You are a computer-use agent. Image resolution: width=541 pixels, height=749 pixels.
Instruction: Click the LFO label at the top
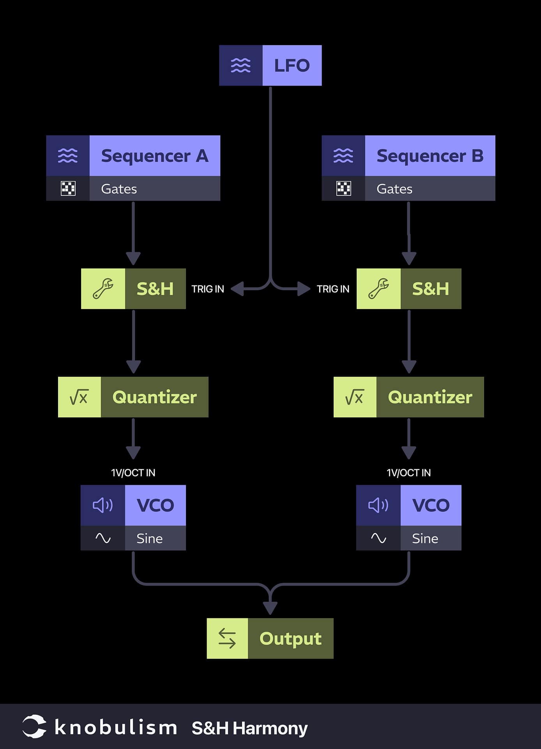pos(292,66)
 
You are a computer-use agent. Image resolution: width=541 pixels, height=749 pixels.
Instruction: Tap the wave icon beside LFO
pos(240,66)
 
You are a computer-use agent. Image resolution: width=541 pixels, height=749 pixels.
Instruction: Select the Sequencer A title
pos(155,156)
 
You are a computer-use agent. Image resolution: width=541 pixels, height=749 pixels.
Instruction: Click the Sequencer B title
pos(430,156)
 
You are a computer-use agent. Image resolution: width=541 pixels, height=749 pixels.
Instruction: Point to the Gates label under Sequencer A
pos(119,189)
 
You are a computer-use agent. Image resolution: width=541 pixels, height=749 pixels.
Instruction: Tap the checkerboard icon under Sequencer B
pos(343,188)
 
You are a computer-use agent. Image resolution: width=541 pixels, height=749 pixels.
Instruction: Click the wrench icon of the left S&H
pos(103,289)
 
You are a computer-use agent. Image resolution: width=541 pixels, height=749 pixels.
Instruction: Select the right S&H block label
pos(430,289)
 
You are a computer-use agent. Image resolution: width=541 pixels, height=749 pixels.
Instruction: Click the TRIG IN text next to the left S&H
pos(208,289)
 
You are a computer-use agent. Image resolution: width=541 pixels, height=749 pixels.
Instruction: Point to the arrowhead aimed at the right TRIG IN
pos(304,289)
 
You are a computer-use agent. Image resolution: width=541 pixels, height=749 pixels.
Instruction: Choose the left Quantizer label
pos(154,397)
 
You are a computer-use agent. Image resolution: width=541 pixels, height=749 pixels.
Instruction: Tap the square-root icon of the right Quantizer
pos(354,397)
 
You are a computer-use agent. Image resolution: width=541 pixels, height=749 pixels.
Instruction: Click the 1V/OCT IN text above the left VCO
pos(133,473)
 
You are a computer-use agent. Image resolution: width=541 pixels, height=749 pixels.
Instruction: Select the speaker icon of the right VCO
pos(378,505)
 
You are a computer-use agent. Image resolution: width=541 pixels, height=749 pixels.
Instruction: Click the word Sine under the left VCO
pos(149,539)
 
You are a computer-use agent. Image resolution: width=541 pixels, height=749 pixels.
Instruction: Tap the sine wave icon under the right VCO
pos(378,538)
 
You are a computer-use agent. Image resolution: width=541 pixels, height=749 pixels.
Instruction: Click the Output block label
pos(290,639)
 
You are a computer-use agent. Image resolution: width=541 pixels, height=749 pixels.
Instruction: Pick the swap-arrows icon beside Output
pos(227,639)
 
